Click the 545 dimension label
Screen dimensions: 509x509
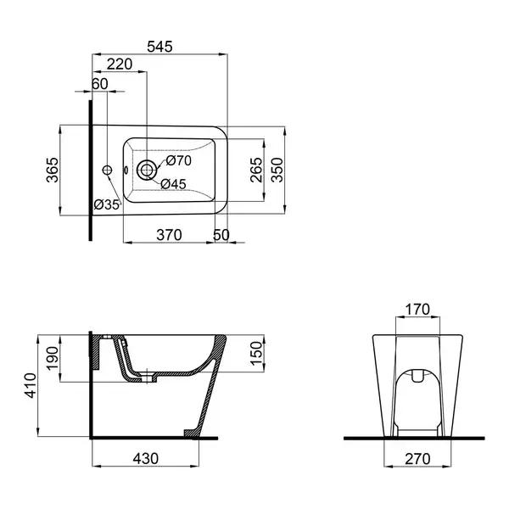click(x=159, y=47)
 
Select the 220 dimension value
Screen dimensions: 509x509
click(x=120, y=64)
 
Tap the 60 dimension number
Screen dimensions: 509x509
click(x=99, y=84)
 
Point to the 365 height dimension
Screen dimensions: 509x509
click(x=53, y=170)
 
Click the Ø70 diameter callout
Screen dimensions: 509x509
click(x=179, y=160)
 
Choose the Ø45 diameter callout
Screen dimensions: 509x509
click(x=173, y=184)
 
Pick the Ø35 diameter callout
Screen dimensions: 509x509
click(x=107, y=204)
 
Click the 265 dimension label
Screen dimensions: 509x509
click(x=256, y=170)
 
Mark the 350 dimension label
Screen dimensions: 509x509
click(x=277, y=170)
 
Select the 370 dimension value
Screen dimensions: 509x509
click(x=169, y=235)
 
